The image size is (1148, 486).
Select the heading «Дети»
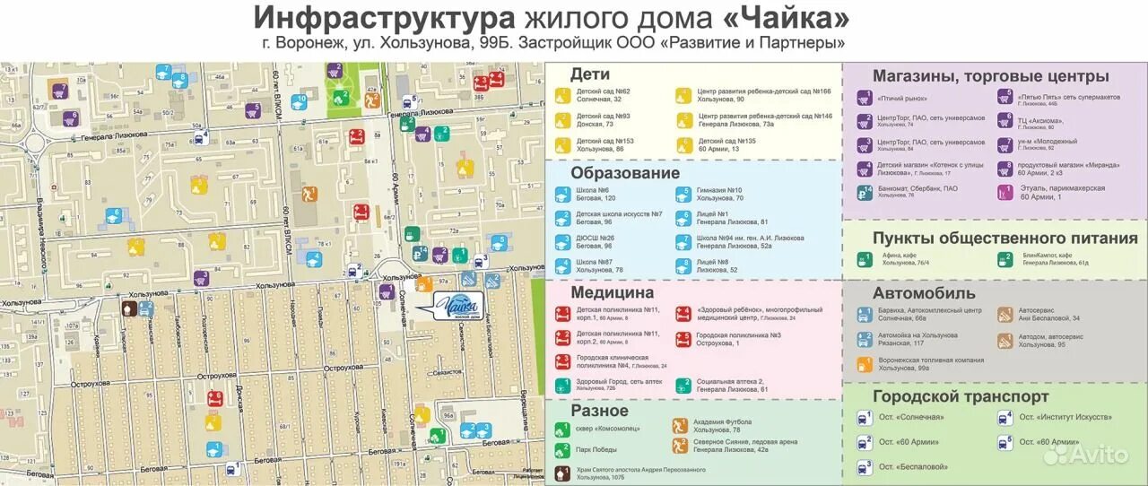[589, 74]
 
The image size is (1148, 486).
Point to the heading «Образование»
[625, 173]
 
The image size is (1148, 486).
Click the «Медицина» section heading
[612, 292]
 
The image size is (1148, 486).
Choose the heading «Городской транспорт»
[961, 396]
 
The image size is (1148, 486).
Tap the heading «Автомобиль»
[924, 292]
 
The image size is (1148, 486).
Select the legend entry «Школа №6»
[593, 190]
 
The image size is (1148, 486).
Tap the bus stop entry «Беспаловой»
[913, 466]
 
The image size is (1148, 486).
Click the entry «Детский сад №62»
[603, 91]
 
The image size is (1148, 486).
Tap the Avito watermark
[1086, 454]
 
